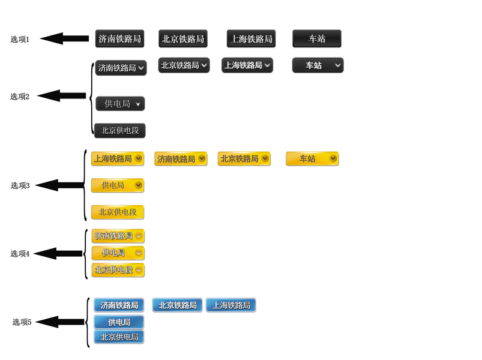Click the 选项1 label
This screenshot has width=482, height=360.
(x=20, y=40)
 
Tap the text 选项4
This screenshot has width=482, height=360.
(x=20, y=254)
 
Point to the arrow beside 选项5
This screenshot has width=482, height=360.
(x=59, y=322)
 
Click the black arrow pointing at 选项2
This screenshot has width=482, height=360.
(x=61, y=96)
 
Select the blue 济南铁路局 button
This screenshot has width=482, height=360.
(x=119, y=305)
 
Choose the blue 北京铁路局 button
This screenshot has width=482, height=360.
(x=177, y=305)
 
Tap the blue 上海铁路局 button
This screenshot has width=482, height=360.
(x=231, y=305)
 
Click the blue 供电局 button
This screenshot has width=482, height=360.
(x=119, y=322)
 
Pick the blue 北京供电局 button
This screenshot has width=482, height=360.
(x=119, y=337)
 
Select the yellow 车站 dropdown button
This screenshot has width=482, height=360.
(x=312, y=159)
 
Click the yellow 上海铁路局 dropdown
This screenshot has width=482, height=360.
(x=118, y=159)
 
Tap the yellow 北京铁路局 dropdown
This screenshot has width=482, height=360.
(x=244, y=159)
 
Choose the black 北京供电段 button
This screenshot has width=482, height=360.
(x=120, y=131)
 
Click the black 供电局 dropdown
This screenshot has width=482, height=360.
(x=120, y=104)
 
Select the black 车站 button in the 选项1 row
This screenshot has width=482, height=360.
(x=317, y=39)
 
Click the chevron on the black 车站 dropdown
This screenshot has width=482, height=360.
(x=338, y=65)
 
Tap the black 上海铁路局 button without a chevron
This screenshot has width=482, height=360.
(x=251, y=39)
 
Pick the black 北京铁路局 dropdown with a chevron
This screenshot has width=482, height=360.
(x=184, y=65)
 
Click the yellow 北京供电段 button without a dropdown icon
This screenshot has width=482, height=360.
(x=118, y=212)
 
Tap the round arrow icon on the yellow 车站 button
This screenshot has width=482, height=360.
(x=333, y=158)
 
